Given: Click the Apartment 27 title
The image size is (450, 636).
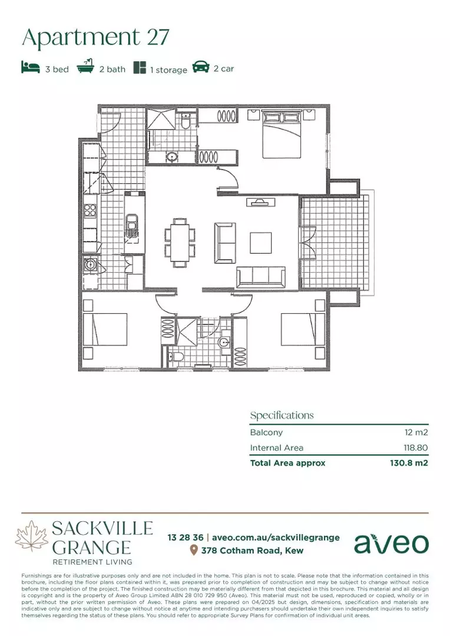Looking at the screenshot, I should tap(95, 37).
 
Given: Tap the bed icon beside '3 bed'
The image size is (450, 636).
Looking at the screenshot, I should tap(30, 68).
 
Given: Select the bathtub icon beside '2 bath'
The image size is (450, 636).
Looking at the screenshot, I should tap(85, 68).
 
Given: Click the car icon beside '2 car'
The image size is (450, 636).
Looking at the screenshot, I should tap(201, 68).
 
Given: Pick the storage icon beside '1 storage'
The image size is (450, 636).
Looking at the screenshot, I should tap(140, 68).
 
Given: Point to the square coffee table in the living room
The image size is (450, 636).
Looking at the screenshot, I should tap(261, 242).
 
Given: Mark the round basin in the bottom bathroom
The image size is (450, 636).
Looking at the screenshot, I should tap(224, 343).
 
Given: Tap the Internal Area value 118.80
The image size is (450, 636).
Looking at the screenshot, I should tap(412, 448).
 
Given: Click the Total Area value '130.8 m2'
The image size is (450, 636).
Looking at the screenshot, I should tap(409, 463).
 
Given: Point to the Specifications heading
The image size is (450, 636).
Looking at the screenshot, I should tap(282, 415).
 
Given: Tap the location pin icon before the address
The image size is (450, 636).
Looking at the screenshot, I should tap(193, 551).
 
